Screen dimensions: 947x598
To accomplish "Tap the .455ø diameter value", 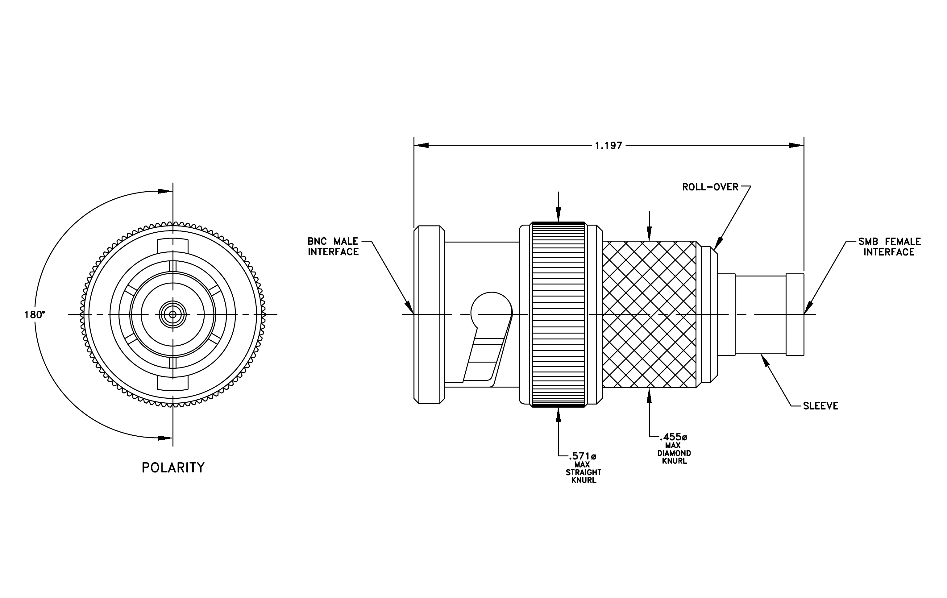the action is [x=674, y=437].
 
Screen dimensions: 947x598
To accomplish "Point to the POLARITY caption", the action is [x=173, y=468].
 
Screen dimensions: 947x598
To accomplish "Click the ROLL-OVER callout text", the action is [x=710, y=187].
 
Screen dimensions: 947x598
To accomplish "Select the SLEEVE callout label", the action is [x=820, y=406].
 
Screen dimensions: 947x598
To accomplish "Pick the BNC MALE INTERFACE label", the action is [x=333, y=247].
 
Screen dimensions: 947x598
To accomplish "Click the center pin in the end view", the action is [x=173, y=314].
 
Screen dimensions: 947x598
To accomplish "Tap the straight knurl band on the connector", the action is [x=559, y=314].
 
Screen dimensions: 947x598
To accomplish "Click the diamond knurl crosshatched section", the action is [x=650, y=314].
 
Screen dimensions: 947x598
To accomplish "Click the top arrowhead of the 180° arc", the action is [x=166, y=192].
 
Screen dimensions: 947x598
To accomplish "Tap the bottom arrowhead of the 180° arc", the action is [x=166, y=438].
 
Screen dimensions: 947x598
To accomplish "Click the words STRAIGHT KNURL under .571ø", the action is [x=584, y=476].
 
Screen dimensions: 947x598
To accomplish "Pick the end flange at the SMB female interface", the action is [x=795, y=314].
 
